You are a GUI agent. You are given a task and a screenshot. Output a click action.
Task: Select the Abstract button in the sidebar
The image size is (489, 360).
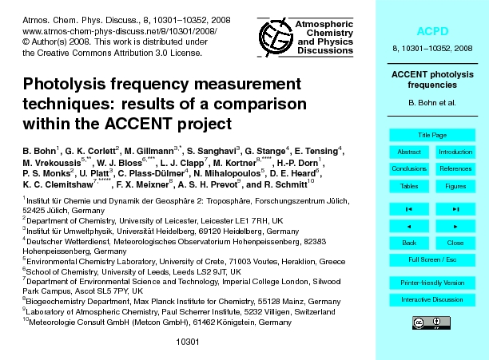pos(408,152)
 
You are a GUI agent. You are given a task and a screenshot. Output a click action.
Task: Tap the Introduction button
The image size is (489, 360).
pos(455,152)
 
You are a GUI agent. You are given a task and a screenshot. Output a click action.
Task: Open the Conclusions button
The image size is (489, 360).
pos(408,168)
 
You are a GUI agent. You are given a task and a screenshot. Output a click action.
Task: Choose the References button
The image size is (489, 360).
pos(455,168)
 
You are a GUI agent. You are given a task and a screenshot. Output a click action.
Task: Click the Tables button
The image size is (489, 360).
pos(408,186)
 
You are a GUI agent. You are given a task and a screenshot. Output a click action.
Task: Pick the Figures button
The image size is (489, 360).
pos(455,186)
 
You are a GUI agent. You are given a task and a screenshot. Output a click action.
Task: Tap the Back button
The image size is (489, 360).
pos(408,242)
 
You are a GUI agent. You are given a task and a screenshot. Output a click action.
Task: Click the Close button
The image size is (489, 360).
pos(455,242)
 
